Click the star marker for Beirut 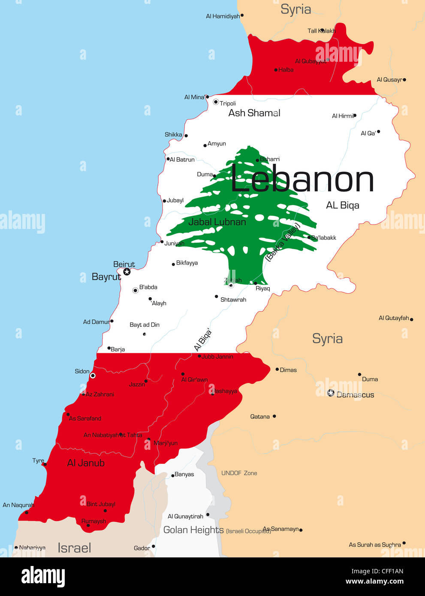tap(127, 272)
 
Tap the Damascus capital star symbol tap(331, 393)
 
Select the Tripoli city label tap(228, 103)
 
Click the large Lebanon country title tap(302, 180)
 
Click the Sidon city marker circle tap(93, 376)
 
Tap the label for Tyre tap(38, 461)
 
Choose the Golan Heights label tap(193, 530)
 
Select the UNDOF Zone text tap(239, 473)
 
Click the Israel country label tap(74, 548)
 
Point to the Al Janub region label tap(86, 463)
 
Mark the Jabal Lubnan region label tap(217, 222)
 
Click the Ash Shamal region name tap(254, 113)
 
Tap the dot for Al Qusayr tap(404, 80)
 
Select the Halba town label tap(286, 70)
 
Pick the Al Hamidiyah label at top tap(223, 16)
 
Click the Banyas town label tap(184, 474)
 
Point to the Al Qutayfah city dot tap(411, 319)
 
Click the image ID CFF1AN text tap(377, 571)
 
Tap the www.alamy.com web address tap(374, 581)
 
